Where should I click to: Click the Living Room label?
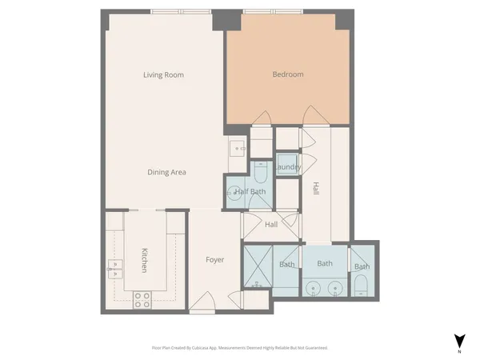click(x=163, y=75)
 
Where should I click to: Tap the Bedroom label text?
click(x=288, y=74)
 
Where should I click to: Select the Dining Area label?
click(x=166, y=172)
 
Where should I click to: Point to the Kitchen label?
click(x=145, y=259)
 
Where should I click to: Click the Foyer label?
click(x=214, y=260)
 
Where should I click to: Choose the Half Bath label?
click(x=250, y=191)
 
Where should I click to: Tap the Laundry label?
click(x=287, y=167)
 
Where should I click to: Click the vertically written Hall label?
click(x=315, y=190)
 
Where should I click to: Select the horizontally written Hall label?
click(x=270, y=225)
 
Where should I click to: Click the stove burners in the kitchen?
click(x=142, y=300)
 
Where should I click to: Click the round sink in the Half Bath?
click(x=234, y=192)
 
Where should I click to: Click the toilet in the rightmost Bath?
click(x=362, y=285)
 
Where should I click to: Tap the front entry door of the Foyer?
click(x=202, y=303)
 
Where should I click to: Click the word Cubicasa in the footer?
click(x=214, y=348)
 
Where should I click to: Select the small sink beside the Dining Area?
click(x=237, y=147)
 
